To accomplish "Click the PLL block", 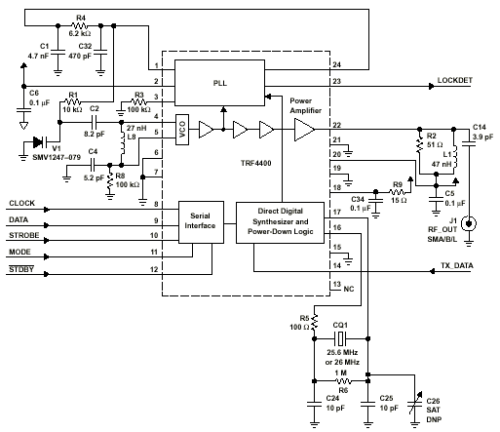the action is click(x=219, y=83).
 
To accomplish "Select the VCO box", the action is click(x=182, y=130).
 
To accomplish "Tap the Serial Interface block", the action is click(x=201, y=222).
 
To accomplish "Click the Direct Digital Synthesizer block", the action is click(x=280, y=222).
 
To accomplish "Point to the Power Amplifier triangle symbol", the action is click(x=304, y=130).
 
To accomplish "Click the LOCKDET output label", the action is click(x=454, y=80).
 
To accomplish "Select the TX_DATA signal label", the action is click(x=457, y=265).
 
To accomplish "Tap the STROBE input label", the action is click(x=24, y=235).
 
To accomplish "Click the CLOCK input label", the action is click(x=21, y=203).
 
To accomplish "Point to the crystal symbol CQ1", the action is click(x=340, y=338).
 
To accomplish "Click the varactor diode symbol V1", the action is click(x=40, y=142).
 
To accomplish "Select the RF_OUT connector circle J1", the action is click(x=469, y=223).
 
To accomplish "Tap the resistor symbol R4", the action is click(x=79, y=25).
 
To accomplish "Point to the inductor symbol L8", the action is click(x=122, y=143).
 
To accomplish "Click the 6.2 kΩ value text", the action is click(x=80, y=33).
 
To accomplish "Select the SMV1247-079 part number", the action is click(x=57, y=157).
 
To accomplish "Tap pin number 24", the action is click(x=336, y=64).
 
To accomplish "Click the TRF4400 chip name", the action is click(x=256, y=163).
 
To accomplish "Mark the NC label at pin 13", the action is click(x=349, y=289).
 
